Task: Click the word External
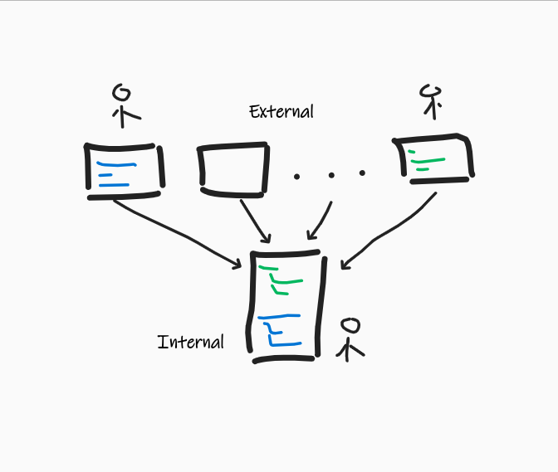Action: pyautogui.click(x=281, y=111)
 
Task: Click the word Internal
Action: pyautogui.click(x=190, y=341)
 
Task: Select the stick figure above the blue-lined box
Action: pyautogui.click(x=123, y=104)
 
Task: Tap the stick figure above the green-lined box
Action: pyautogui.click(x=429, y=102)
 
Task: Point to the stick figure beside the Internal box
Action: pyautogui.click(x=350, y=338)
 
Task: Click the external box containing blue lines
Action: pyautogui.click(x=124, y=170)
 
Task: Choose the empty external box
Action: pyautogui.click(x=233, y=169)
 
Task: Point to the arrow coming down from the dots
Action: pyautogui.click(x=321, y=220)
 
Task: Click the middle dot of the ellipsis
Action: pyautogui.click(x=330, y=174)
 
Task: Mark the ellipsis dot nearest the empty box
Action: pyautogui.click(x=296, y=175)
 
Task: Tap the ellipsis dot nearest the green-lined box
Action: pyautogui.click(x=362, y=173)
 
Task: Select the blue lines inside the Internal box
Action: pyautogui.click(x=280, y=329)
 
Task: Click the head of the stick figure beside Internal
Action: pyautogui.click(x=352, y=324)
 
